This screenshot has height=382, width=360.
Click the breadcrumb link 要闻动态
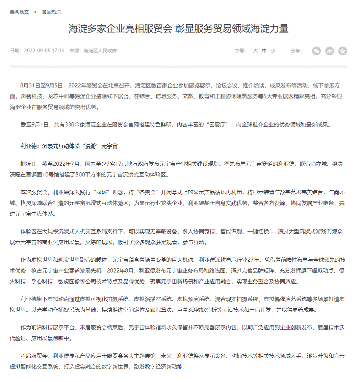[19, 12]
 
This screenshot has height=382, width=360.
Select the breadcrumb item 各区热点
[51, 12]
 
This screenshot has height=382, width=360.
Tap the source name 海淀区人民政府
[100, 51]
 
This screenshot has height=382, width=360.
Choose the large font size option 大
[255, 51]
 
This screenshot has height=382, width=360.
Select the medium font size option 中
[264, 51]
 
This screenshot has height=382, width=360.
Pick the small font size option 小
[273, 51]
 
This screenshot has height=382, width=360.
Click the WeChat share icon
[316, 51]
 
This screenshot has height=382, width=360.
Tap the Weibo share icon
[330, 51]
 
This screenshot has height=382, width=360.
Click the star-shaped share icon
[343, 51]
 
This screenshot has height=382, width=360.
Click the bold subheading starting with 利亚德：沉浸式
[69, 146]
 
